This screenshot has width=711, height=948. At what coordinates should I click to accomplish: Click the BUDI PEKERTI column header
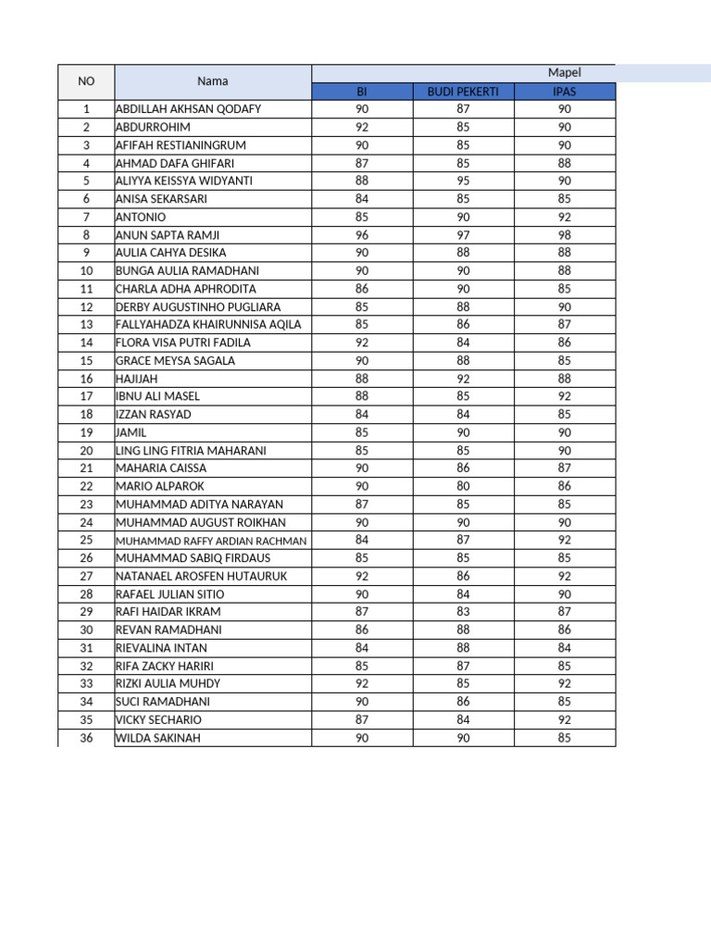point(463,92)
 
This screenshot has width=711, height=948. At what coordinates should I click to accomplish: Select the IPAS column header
point(565,92)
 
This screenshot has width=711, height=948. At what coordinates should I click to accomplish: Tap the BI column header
point(362,92)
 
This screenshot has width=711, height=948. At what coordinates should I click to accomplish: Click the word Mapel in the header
point(564,73)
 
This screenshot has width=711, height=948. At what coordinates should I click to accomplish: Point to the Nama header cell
point(212,81)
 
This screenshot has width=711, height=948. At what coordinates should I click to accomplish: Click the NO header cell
point(86,81)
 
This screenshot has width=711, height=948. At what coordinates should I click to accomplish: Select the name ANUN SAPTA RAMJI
point(168,235)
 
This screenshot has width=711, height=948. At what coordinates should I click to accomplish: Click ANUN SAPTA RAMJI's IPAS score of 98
point(565,235)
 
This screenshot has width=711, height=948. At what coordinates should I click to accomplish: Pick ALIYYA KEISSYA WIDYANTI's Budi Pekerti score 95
point(463,181)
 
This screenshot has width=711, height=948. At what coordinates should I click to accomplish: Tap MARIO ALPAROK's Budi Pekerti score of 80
point(463,486)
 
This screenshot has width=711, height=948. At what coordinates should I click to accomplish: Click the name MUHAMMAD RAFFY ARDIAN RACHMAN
point(211,541)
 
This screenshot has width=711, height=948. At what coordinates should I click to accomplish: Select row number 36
point(86,738)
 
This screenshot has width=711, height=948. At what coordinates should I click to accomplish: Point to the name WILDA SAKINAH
point(157,738)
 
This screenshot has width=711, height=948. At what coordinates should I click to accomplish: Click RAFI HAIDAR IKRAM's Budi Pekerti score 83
point(463,612)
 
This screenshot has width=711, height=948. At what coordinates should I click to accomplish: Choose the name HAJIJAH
point(136,379)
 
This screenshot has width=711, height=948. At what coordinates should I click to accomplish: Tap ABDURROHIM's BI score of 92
point(362,128)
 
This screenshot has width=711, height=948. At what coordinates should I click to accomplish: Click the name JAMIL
point(131,432)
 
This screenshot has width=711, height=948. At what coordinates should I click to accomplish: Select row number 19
point(86,432)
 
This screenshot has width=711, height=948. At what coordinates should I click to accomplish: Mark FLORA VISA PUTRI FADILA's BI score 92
point(362,343)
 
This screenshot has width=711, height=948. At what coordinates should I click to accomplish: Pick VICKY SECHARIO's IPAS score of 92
point(565,719)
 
